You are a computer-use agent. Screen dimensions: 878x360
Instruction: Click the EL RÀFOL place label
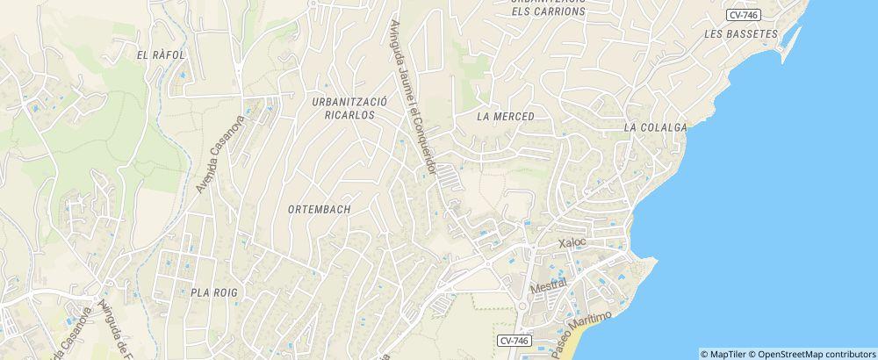pyautogui.click(x=160, y=54)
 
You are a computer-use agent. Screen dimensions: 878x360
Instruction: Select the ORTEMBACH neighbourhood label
pyautogui.click(x=319, y=210)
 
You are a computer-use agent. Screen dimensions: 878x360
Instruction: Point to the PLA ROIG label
pyautogui.click(x=214, y=292)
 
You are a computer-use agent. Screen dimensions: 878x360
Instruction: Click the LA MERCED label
pyautogui.click(x=506, y=116)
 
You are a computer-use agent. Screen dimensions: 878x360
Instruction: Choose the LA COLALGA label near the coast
pyautogui.click(x=655, y=127)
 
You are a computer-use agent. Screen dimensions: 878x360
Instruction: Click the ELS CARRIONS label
pyautogui.click(x=549, y=11)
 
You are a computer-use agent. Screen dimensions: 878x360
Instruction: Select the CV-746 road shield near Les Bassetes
pyautogui.click(x=743, y=14)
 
